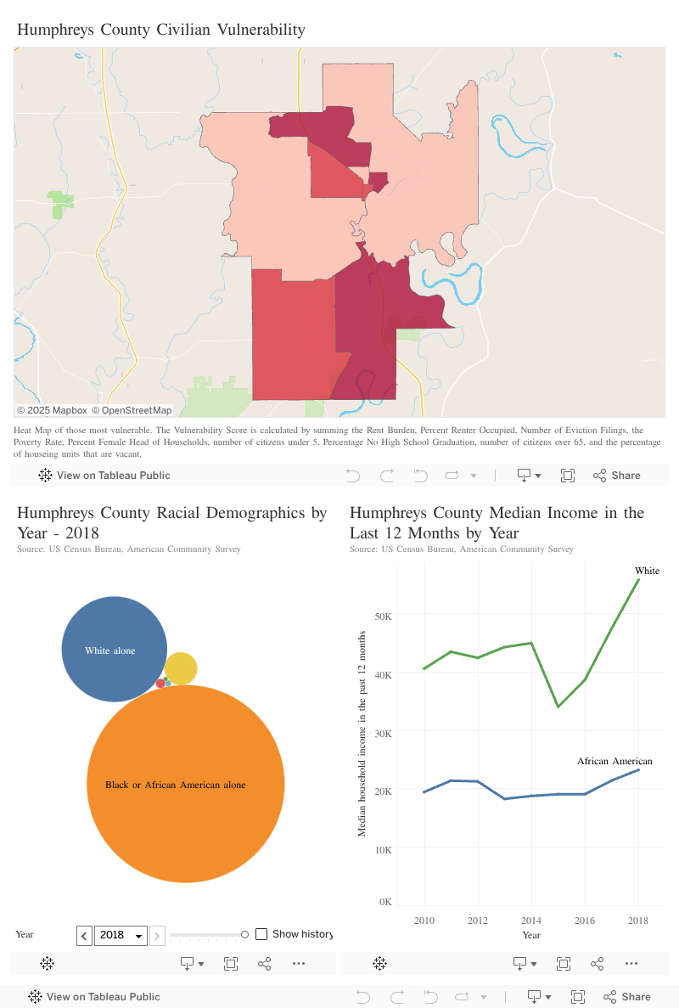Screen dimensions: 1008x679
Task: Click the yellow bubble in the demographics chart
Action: (181, 669)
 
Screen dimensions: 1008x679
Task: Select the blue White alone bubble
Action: (115, 650)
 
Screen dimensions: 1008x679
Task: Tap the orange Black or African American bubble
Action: (185, 784)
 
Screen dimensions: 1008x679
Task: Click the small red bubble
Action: (160, 684)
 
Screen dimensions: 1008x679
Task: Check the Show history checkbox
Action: (261, 934)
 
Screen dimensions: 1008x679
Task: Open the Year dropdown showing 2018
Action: (121, 935)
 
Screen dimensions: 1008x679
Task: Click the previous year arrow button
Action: (84, 935)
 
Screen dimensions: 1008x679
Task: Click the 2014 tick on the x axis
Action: (531, 921)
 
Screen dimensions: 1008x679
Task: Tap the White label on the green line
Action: (647, 571)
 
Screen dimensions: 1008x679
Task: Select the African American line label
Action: (614, 761)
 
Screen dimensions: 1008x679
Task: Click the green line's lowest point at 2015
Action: (558, 707)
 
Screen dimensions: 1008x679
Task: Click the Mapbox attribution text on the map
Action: (53, 410)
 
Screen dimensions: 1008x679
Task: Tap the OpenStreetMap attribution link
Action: (132, 410)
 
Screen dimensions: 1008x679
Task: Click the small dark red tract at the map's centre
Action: (379, 181)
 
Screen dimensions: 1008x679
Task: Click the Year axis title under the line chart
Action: (531, 935)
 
